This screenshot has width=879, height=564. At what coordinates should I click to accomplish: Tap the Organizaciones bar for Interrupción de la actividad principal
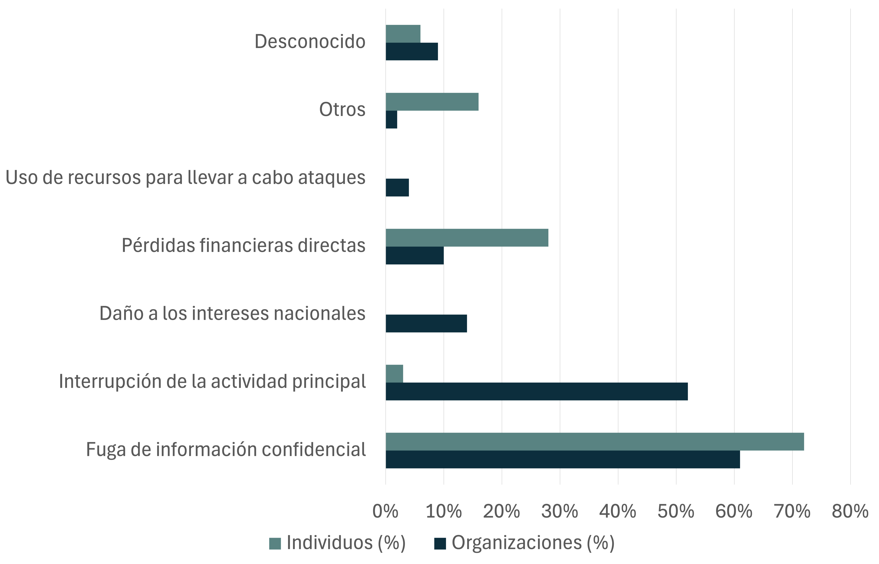point(536,391)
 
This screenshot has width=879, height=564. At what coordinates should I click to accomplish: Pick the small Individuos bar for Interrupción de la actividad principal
point(394,374)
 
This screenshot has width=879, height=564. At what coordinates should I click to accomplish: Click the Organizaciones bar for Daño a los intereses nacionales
point(426,323)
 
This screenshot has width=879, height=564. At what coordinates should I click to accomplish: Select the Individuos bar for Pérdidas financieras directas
point(467,238)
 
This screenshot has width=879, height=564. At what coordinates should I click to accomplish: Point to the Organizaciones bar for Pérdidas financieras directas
point(414,255)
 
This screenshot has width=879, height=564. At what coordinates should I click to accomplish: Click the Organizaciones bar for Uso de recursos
point(397,188)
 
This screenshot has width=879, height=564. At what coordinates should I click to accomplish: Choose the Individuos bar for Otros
point(432,102)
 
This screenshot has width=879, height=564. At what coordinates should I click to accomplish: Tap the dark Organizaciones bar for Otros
point(391,119)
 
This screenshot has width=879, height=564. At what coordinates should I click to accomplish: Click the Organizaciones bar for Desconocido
point(412,51)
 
